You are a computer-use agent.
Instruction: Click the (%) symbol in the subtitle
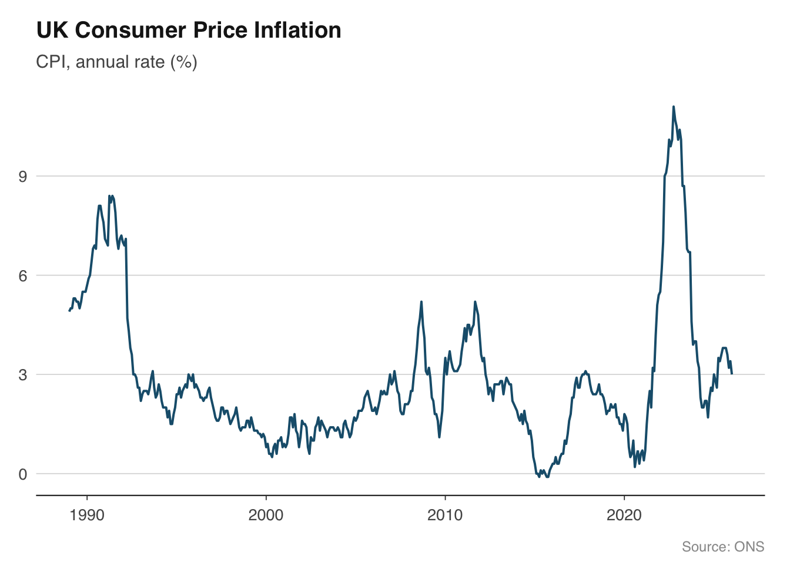pos(184,62)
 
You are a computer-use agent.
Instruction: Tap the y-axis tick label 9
pos(23,176)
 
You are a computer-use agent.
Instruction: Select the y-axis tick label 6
pos(23,275)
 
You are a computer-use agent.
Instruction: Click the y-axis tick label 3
pos(23,374)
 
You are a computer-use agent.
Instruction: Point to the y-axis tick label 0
pos(23,474)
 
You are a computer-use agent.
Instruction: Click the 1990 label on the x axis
pos(87,516)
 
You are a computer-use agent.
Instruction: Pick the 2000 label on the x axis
pos(266,516)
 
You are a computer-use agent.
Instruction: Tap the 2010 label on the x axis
pos(445,516)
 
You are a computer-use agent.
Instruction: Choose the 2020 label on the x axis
pos(624,516)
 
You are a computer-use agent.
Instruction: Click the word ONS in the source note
pos(749,547)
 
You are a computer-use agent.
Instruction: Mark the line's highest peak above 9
pos(674,107)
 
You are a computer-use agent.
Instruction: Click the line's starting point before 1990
pos(69,311)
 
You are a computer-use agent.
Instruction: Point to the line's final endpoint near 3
pos(732,374)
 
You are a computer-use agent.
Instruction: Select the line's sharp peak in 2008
pos(421,302)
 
